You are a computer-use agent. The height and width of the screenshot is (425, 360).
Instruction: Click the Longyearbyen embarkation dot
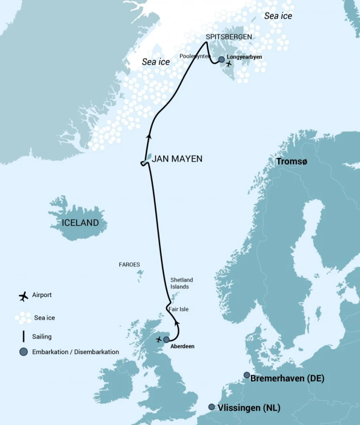click(x=222, y=60)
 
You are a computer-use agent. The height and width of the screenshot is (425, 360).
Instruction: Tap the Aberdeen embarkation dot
click(x=166, y=340)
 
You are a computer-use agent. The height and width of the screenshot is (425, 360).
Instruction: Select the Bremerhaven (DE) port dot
click(x=247, y=375)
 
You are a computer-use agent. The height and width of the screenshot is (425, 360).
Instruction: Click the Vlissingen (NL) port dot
click(x=212, y=407)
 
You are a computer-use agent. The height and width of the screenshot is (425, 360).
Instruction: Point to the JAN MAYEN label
click(x=177, y=159)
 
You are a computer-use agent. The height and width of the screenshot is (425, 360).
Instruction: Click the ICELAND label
click(x=80, y=223)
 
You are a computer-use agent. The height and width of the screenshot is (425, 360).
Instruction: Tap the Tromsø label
click(x=292, y=162)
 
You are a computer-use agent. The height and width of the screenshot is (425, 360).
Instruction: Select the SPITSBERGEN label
click(x=229, y=37)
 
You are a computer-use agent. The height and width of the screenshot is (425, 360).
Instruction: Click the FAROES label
click(x=129, y=265)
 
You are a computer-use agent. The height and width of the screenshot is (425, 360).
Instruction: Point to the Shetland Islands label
click(x=181, y=283)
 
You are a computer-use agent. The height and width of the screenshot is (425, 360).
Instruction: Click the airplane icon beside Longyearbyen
click(x=229, y=64)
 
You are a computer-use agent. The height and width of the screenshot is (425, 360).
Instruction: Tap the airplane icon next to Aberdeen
click(x=158, y=339)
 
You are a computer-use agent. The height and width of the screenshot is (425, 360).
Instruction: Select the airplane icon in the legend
click(x=23, y=296)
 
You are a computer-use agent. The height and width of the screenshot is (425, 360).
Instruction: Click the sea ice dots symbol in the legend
click(x=23, y=318)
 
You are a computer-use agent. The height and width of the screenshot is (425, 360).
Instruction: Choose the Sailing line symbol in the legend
click(x=23, y=336)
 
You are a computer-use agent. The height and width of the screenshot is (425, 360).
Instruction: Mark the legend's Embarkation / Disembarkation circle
click(x=23, y=352)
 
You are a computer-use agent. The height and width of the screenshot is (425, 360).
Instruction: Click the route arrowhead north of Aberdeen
click(x=177, y=323)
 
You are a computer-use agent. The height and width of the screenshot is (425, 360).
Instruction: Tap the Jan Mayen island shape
click(x=148, y=158)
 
